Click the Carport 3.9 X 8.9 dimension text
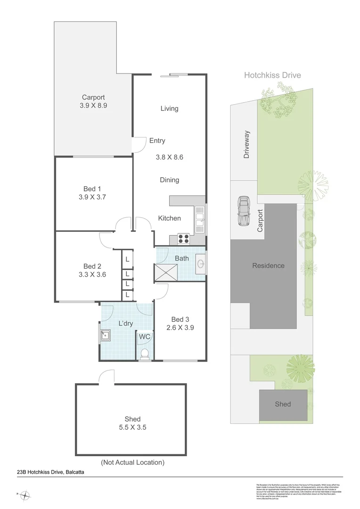(93, 106)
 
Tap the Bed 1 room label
(93, 189)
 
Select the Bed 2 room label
(92, 266)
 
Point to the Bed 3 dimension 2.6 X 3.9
(180, 328)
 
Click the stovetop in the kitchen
(183, 238)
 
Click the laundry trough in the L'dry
(105, 336)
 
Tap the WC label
(145, 337)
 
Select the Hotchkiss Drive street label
(272, 75)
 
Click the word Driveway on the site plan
(246, 145)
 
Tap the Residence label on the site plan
(268, 265)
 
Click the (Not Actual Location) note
(132, 462)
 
